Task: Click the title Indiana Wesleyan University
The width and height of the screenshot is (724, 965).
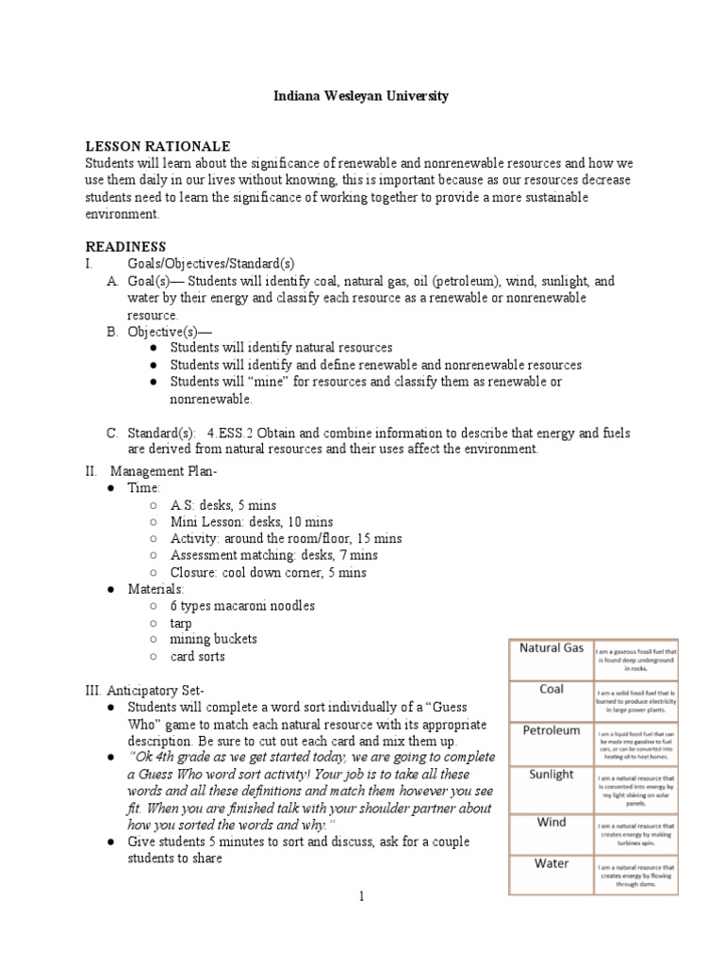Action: [x=361, y=96]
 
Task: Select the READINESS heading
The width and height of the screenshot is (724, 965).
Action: [x=126, y=246]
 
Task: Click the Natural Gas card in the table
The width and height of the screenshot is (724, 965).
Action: [x=551, y=648]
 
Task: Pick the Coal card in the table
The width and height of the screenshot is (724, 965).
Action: [x=551, y=689]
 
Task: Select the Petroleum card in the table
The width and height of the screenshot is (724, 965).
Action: [x=551, y=730]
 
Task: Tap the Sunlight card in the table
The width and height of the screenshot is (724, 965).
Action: [x=551, y=775]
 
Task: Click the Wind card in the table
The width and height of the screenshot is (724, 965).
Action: [x=551, y=822]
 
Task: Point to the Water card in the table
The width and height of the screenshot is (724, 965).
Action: [x=551, y=864]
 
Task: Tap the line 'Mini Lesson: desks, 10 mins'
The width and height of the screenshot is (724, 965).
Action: [x=251, y=521]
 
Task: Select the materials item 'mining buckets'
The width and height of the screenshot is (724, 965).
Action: [x=213, y=639]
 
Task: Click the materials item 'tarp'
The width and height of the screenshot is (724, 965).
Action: [x=182, y=622]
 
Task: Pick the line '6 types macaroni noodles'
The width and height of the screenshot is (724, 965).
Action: [x=242, y=605]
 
